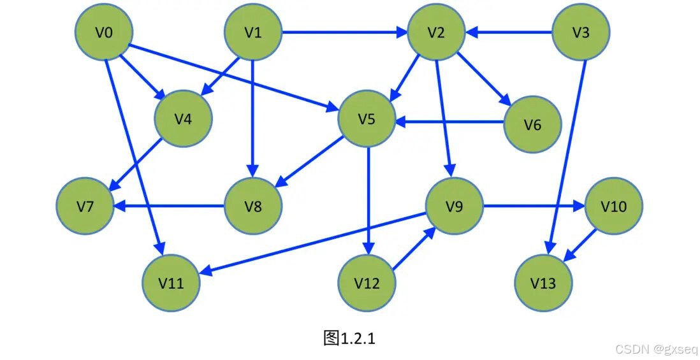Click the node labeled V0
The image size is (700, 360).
coord(104,32)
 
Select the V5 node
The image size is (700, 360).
coord(367,119)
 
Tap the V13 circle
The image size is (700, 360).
coord(543,283)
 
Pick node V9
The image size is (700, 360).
coord(454,206)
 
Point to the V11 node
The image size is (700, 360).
coord(171,283)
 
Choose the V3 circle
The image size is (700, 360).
coord(581,32)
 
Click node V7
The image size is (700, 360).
coord(85,206)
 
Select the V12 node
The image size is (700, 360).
coord(367,283)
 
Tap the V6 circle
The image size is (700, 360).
coord(532,124)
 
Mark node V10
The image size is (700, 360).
coord(614,206)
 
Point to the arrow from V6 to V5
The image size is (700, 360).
coord(449,121)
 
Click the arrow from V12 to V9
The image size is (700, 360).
coord(414,248)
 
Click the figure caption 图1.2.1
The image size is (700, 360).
coord(349,338)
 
